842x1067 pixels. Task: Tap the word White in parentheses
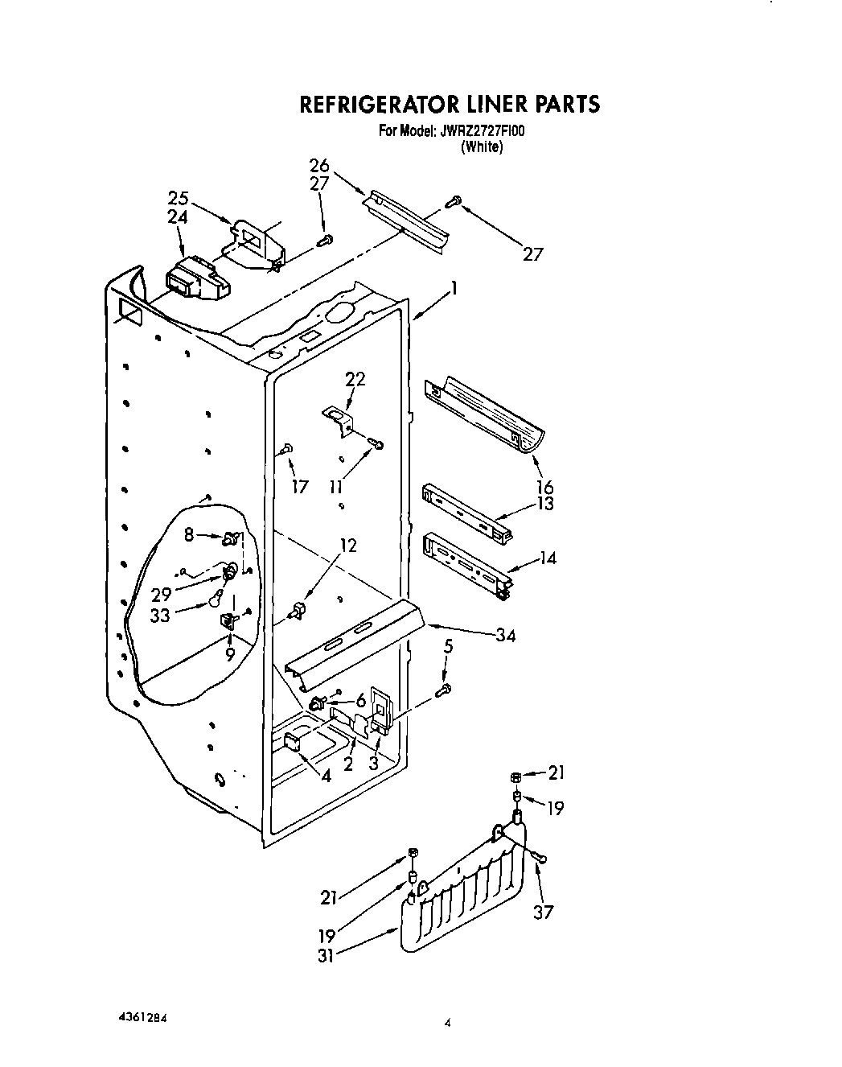(482, 147)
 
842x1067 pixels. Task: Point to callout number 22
(355, 378)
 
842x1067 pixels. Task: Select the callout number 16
(545, 487)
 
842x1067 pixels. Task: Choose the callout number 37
(544, 912)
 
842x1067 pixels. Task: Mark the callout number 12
(347, 546)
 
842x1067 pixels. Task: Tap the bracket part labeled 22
(340, 420)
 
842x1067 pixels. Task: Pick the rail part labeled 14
(466, 562)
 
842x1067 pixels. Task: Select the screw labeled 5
(444, 689)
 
